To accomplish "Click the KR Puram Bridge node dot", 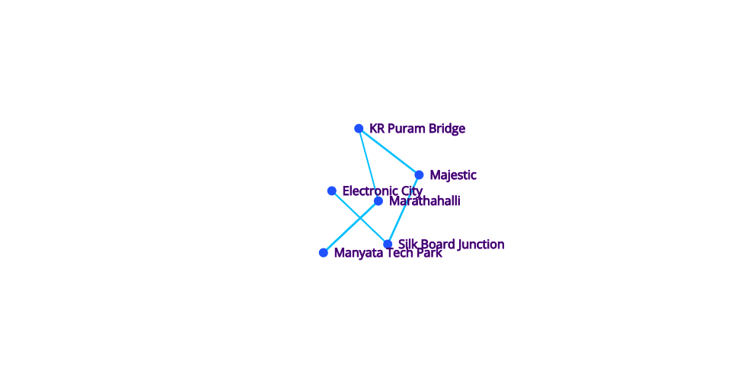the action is point(359,128).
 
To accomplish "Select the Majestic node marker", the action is point(419,174).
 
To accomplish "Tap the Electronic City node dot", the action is point(331,190).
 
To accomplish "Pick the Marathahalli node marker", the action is point(378,201).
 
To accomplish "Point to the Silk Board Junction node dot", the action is point(388,244).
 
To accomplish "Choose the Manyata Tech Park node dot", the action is point(323,253).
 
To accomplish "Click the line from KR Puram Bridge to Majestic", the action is point(389,152).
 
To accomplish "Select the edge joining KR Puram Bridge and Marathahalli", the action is point(369,165).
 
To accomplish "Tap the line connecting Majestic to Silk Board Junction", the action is point(404,210).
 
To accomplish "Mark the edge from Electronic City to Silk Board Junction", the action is point(359,217).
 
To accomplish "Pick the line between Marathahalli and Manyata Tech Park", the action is point(350,227).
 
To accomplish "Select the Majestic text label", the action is point(452,175).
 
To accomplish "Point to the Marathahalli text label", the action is point(425,201).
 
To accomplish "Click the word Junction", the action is point(480,245).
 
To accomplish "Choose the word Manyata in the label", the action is point(353,253).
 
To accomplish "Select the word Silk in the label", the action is point(406,244).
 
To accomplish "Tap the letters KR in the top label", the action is point(377,129).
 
